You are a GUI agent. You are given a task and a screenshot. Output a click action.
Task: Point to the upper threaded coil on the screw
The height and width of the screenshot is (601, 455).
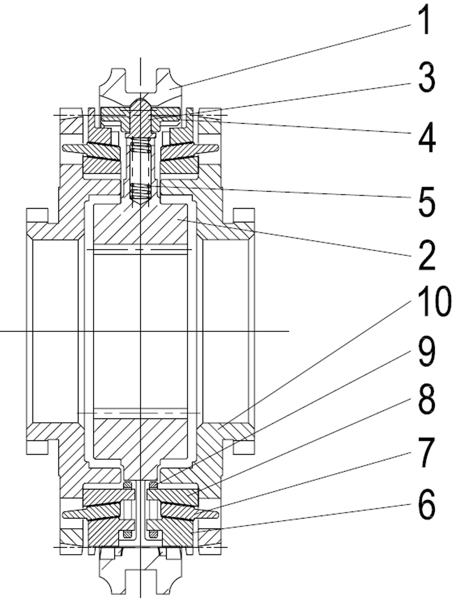tap(141, 148)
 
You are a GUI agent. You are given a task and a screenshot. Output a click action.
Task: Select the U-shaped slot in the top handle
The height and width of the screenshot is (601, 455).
tap(141, 82)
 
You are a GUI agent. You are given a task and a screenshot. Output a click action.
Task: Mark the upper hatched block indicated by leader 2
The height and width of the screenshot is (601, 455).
tap(140, 224)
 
